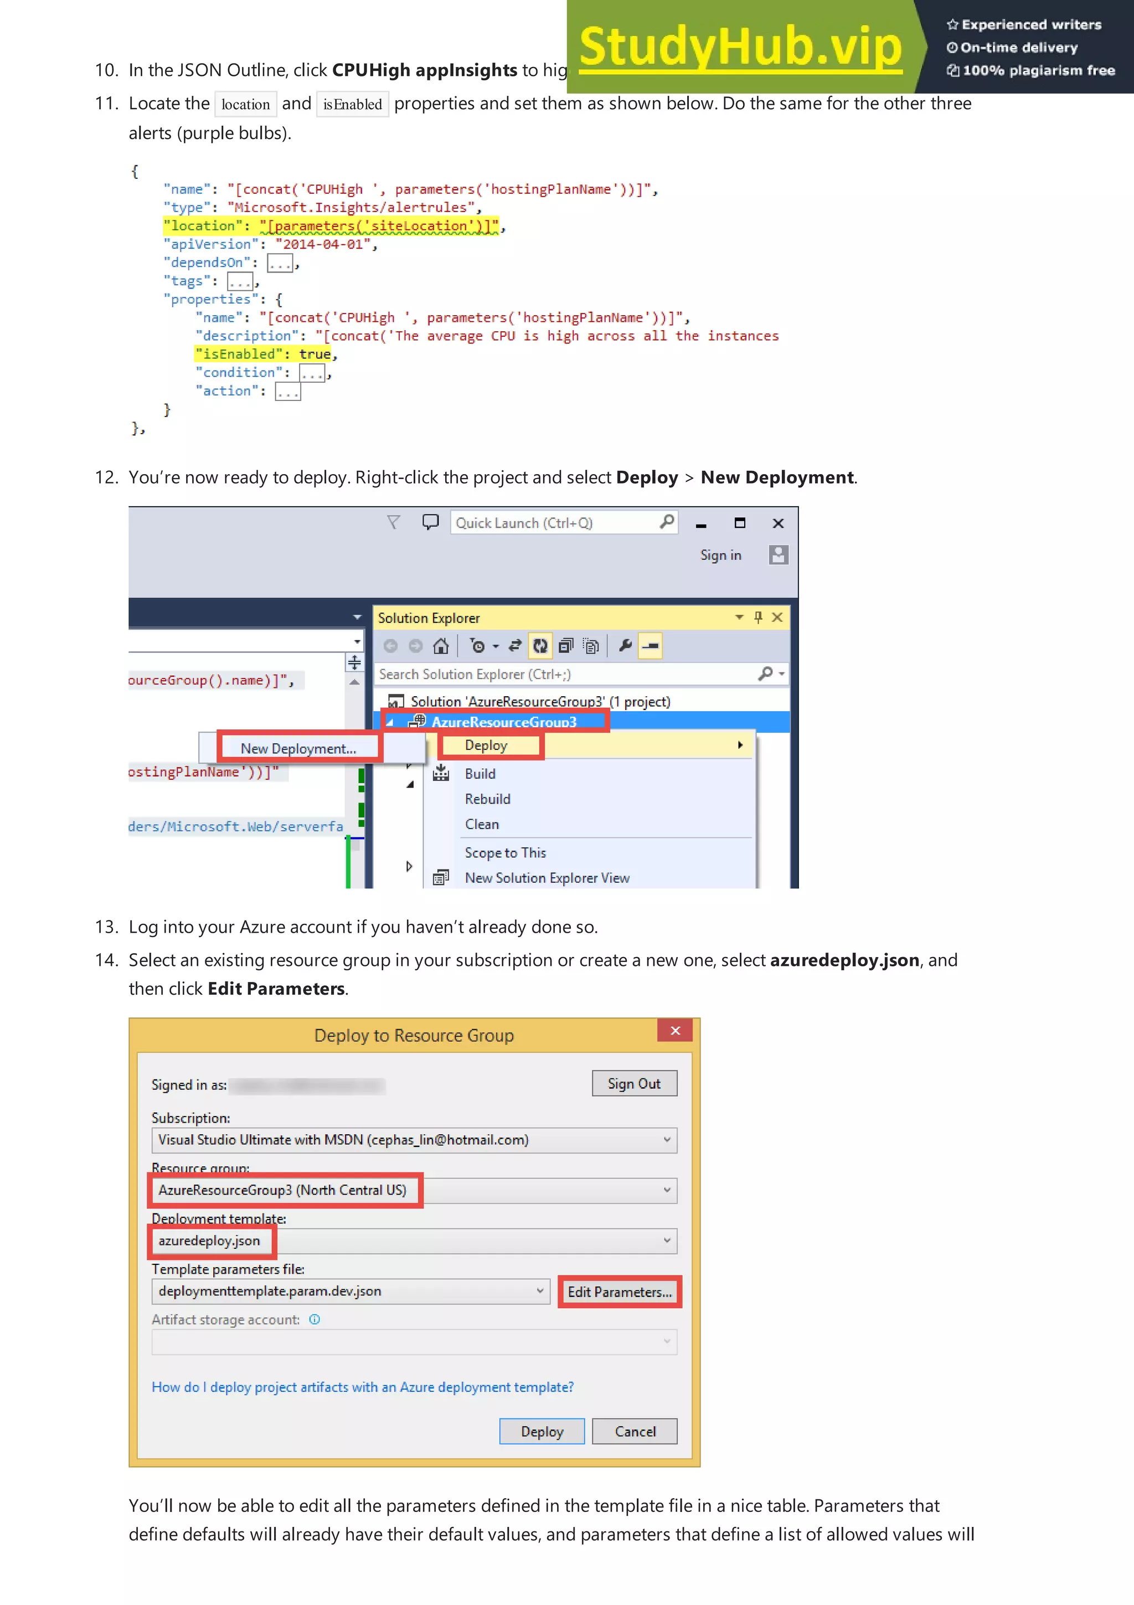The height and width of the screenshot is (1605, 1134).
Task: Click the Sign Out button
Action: (x=634, y=1083)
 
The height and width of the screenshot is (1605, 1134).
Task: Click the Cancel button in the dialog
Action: (x=635, y=1432)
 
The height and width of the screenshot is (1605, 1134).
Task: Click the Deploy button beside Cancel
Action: (x=542, y=1432)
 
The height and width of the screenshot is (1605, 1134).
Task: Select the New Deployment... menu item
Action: (x=298, y=749)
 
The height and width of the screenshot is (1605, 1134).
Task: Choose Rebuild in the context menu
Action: (x=488, y=799)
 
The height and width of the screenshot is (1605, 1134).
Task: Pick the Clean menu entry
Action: (x=482, y=824)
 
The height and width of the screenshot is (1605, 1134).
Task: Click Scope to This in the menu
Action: (x=505, y=853)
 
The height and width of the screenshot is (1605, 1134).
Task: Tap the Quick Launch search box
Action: (x=555, y=523)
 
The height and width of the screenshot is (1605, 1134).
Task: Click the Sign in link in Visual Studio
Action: (x=720, y=555)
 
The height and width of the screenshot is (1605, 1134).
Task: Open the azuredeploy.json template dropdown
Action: (x=414, y=1241)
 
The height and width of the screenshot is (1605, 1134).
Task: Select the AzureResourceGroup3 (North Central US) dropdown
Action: (x=414, y=1191)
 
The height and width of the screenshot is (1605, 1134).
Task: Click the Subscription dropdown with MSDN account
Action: (x=414, y=1140)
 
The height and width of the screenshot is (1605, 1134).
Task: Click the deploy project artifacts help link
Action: (x=363, y=1387)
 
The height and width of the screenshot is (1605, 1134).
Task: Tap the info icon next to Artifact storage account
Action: (x=315, y=1319)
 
